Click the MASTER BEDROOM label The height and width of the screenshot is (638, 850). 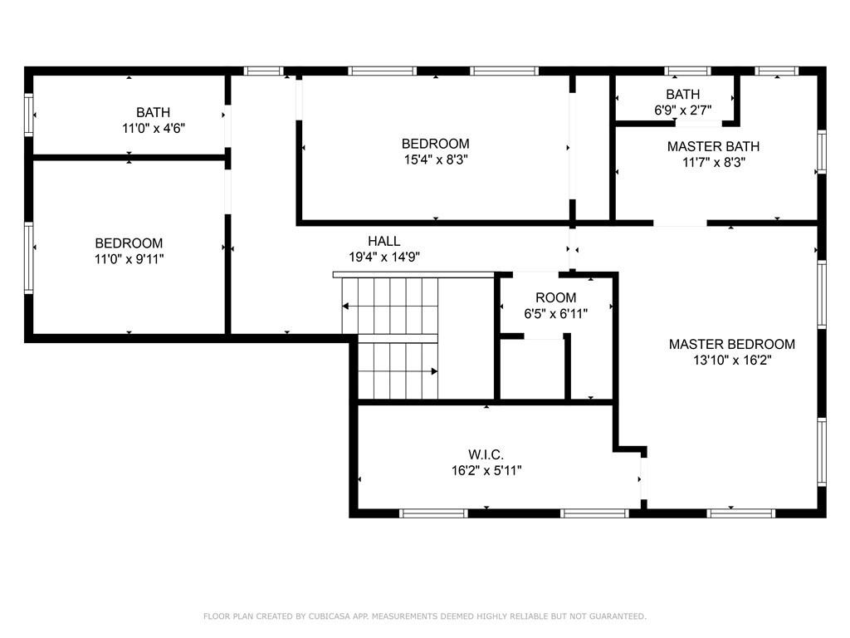coord(732,344)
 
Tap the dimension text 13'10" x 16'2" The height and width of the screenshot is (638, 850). coord(732,361)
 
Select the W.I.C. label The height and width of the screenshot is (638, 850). coord(486,454)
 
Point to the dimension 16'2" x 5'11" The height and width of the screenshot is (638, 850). coord(486,470)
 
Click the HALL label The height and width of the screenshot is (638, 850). coord(384,241)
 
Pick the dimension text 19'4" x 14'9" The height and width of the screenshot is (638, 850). coord(384,258)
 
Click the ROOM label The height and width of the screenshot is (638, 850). coord(555,297)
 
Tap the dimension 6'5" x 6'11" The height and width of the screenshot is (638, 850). coord(555,314)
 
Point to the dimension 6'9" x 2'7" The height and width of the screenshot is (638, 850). coord(682,110)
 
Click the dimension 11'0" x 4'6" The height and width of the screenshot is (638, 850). coord(154,129)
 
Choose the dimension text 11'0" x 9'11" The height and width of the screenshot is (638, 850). coord(129,259)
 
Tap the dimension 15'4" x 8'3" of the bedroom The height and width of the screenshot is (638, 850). coord(436,159)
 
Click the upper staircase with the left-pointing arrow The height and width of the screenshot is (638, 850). coord(390,306)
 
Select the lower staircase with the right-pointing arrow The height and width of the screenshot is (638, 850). coord(397,371)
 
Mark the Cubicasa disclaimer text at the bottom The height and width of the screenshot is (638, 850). coord(425,616)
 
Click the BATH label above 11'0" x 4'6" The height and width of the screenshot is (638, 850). coord(154,112)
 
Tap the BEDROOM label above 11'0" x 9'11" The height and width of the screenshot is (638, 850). coord(129,243)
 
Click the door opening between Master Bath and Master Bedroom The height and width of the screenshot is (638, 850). coord(680,223)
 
